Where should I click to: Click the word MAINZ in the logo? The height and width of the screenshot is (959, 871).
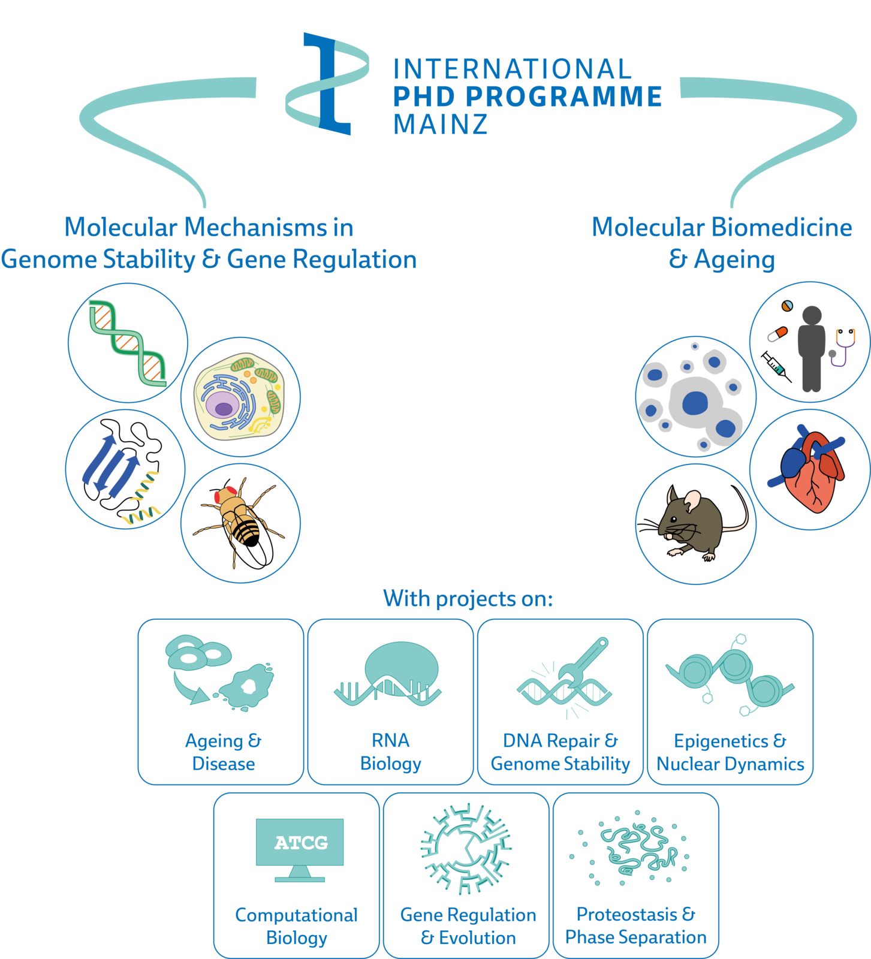click(440, 124)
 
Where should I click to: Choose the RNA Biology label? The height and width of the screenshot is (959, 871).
click(391, 752)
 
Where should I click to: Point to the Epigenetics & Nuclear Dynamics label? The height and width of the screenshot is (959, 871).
click(730, 752)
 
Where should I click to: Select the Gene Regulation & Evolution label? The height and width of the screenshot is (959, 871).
click(468, 925)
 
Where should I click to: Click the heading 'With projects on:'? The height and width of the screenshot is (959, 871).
click(468, 598)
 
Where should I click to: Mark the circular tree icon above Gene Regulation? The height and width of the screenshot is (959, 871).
click(466, 848)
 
